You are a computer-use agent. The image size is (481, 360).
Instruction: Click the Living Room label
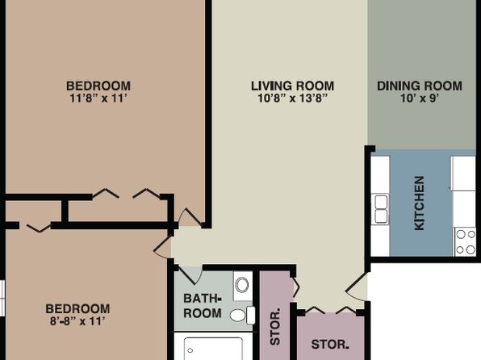[x=292, y=86]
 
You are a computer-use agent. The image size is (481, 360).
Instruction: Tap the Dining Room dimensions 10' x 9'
[x=420, y=98]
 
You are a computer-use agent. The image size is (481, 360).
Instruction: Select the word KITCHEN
[x=420, y=203]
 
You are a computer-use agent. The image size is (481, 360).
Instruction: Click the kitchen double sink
[x=381, y=209]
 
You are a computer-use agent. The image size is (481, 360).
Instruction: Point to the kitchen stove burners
[x=466, y=242]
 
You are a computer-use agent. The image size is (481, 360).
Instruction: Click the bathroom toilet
[x=242, y=315]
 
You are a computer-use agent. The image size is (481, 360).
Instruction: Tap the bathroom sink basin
[x=242, y=285]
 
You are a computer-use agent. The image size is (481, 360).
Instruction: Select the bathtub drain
[x=190, y=350]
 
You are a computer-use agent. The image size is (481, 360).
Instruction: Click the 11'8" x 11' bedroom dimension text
[x=98, y=98]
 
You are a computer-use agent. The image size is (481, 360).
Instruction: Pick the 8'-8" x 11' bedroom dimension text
[x=77, y=321]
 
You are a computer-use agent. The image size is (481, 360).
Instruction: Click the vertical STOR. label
[x=275, y=326]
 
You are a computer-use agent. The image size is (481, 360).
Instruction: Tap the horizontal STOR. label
[x=330, y=345]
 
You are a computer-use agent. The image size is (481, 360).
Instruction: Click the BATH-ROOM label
[x=202, y=306]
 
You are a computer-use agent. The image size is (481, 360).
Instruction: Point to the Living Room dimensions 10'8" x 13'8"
[x=292, y=98]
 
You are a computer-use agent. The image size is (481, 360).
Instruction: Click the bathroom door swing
[x=190, y=275]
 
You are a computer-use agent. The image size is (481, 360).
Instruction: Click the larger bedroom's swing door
[x=190, y=218]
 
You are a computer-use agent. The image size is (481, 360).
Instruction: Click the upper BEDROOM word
[x=98, y=86]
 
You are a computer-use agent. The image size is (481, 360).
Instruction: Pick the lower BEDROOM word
[x=77, y=309]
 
